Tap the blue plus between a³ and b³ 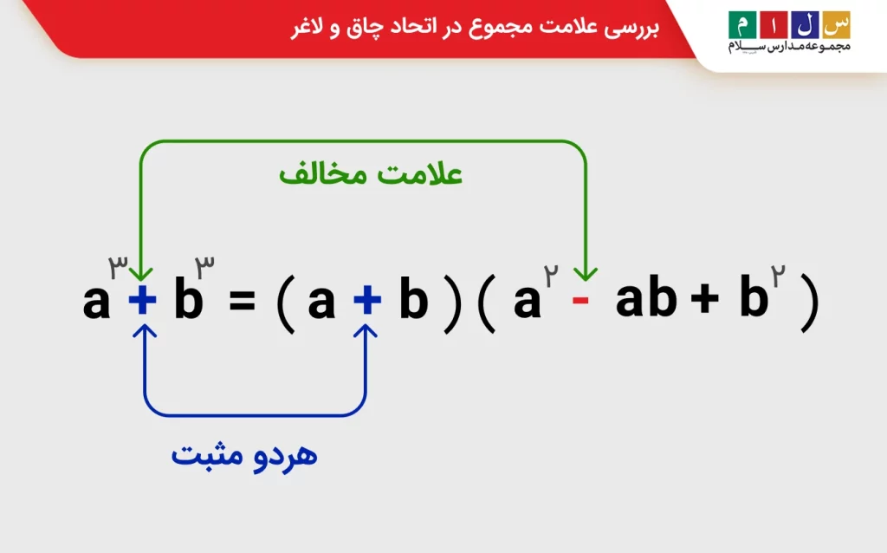[x=143, y=301]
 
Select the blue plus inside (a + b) [x=366, y=301]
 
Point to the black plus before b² [x=704, y=301]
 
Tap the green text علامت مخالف [x=371, y=173]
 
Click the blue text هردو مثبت [x=244, y=455]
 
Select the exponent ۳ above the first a [x=118, y=265]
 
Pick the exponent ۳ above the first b [x=205, y=265]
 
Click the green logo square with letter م [x=741, y=22]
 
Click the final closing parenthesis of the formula [x=809, y=303]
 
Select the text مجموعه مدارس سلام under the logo [x=789, y=46]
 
